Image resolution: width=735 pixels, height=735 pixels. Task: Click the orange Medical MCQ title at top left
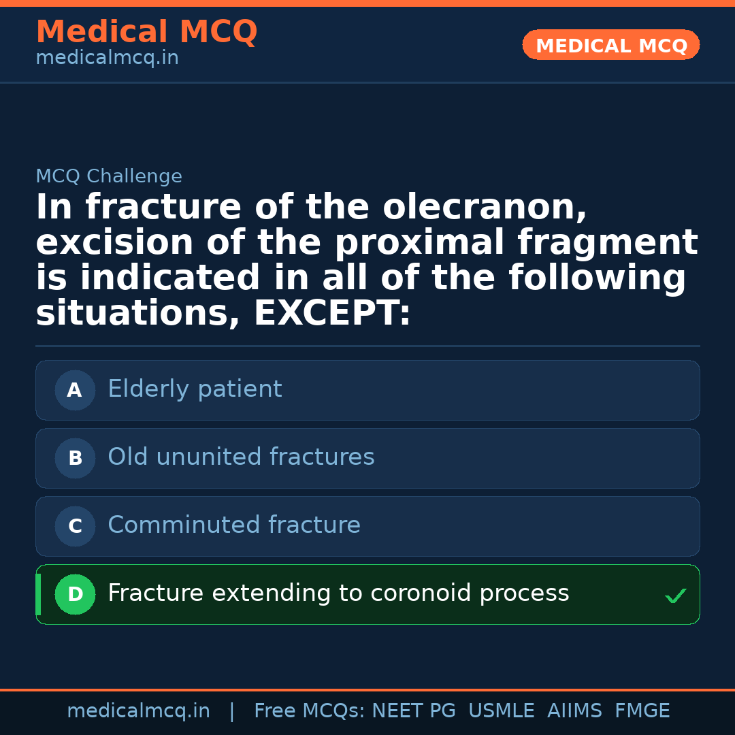coord(146,32)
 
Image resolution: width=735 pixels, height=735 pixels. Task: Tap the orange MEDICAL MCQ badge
coord(611,45)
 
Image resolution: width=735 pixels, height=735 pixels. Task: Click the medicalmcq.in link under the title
coord(107,58)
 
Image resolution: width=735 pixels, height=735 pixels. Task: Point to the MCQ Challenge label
coord(109,176)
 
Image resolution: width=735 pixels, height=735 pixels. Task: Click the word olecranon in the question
coord(485,208)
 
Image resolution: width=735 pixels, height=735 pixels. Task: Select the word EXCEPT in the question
coord(331,314)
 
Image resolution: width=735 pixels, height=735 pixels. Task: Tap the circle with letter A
coord(75,390)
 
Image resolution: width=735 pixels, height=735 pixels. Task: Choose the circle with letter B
coord(75,458)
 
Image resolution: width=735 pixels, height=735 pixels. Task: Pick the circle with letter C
coord(75,526)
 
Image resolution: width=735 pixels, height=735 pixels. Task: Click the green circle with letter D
coord(75,594)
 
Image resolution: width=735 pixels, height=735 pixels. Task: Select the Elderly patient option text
coord(195,389)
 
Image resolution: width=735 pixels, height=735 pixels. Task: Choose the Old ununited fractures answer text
coord(241,457)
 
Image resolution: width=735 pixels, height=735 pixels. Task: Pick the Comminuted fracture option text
coord(234,525)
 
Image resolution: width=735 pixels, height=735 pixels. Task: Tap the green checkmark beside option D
coord(675,596)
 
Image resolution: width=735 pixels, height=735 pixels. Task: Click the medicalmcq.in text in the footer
coord(138,711)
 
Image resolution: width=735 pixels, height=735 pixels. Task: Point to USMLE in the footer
coord(501,711)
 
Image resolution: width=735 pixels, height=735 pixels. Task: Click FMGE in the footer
coord(642,711)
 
